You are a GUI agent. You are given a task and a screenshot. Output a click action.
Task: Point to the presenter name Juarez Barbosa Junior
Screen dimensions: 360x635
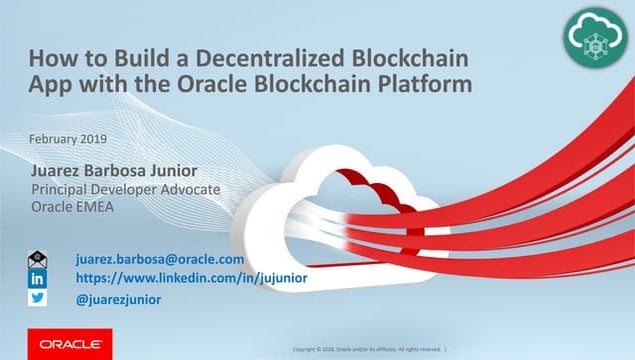click(x=114, y=171)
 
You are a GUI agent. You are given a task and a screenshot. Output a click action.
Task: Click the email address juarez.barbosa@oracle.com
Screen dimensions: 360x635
click(x=160, y=259)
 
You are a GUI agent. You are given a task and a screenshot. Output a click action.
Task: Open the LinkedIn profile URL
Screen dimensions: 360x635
click(x=191, y=278)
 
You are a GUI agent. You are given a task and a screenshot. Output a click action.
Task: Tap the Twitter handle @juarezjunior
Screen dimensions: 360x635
click(x=119, y=299)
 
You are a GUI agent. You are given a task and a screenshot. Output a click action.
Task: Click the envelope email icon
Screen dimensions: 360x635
click(x=37, y=259)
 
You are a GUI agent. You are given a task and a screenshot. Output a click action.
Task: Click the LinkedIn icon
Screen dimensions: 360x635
click(x=37, y=278)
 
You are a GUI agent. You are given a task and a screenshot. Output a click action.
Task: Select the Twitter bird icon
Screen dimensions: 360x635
click(x=37, y=298)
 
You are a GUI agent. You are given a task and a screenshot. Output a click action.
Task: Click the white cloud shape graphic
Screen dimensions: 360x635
click(x=290, y=215)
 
